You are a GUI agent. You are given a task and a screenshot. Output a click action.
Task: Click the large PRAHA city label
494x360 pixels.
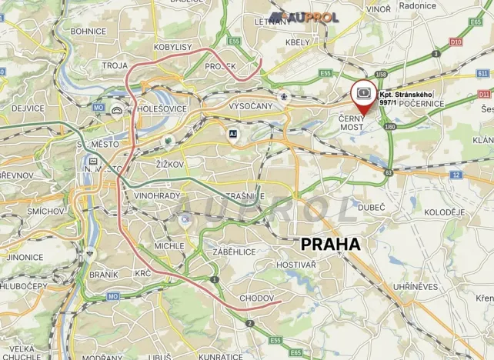pos(331,244)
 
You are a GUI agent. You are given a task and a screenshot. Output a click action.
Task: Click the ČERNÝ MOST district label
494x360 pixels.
pos(355,123)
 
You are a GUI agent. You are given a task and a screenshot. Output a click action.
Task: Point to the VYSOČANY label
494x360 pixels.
pos(251,105)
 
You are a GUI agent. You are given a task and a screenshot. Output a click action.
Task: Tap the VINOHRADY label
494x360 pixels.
pos(158,195)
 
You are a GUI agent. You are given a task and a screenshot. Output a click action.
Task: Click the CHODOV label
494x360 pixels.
pos(253,297)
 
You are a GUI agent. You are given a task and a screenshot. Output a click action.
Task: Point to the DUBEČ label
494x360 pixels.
pos(371,207)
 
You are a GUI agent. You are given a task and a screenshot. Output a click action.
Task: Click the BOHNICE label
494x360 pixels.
pos(88,32)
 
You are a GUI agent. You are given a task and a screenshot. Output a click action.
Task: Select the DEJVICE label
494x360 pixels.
pos(30,108)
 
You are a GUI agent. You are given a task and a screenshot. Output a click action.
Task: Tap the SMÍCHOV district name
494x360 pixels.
pos(45,210)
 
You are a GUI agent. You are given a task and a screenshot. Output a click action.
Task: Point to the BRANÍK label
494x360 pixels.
pos(103,273)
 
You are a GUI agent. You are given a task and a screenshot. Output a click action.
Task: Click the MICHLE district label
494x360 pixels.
pos(169,245)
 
